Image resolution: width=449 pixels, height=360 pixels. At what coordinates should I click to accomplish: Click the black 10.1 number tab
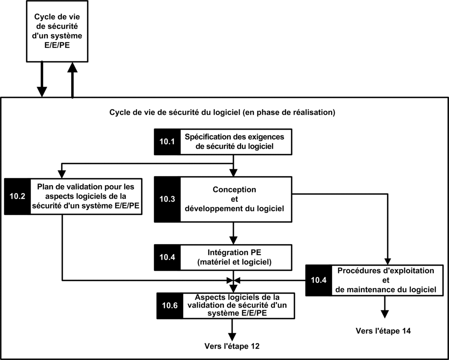coord(167,142)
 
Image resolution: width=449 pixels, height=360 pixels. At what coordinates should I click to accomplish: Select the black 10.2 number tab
coord(17,196)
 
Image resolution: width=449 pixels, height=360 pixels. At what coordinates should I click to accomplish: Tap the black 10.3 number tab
coord(167,199)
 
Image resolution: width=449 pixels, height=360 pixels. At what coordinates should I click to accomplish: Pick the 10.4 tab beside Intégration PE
coord(167,257)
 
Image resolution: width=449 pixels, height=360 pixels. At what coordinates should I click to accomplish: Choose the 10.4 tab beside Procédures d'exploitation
coord(319,280)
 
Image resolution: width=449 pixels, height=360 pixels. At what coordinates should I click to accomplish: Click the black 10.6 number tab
coord(170,305)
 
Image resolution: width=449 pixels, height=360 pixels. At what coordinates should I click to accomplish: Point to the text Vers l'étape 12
coord(232,346)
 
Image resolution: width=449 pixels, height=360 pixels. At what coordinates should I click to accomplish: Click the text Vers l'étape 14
coord(383,331)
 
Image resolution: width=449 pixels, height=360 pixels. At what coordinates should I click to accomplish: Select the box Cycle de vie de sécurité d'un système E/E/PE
coord(57,31)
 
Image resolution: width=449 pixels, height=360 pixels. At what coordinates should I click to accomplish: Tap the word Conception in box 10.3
coord(234,190)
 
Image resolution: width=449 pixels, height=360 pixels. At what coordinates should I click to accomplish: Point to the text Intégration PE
coord(234,253)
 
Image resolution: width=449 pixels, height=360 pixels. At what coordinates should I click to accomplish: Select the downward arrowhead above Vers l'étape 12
coord(232,337)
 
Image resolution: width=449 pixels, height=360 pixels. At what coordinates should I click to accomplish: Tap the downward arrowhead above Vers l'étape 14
coord(385,314)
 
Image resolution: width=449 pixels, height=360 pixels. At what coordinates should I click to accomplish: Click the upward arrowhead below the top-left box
coord(72,67)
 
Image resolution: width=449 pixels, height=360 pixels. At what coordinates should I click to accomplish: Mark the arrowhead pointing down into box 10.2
coord(62,174)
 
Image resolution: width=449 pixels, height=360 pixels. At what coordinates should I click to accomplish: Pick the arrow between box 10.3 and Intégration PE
coord(233,233)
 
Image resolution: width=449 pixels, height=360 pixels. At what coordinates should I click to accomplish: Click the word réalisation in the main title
coord(312,113)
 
